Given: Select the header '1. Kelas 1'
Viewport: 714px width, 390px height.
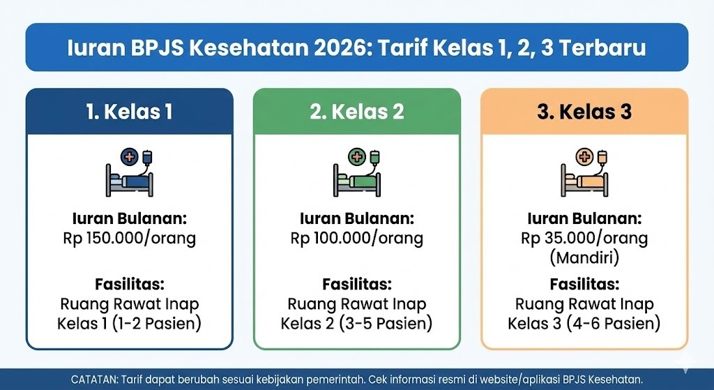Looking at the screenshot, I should click(x=130, y=112).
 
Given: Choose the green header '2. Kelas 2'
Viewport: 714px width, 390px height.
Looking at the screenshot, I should click(x=357, y=112).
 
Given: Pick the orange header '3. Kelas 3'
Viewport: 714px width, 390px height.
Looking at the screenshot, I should click(x=584, y=112).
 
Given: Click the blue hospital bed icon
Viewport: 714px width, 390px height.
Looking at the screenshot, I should click(x=130, y=172).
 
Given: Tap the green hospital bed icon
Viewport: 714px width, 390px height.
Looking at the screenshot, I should click(x=357, y=172).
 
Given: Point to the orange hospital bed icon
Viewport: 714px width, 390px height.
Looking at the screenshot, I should click(x=584, y=172).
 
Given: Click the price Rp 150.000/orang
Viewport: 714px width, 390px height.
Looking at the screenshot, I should click(x=130, y=238).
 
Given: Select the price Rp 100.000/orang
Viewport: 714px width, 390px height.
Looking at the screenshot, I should click(x=357, y=238).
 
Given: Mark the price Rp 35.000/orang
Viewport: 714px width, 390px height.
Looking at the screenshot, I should click(x=584, y=238).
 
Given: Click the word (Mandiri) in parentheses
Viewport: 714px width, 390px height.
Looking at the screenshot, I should click(x=584, y=257).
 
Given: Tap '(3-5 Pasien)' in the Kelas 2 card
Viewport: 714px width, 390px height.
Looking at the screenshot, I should click(x=389, y=324).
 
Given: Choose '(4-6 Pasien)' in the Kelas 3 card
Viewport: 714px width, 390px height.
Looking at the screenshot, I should click(x=616, y=324).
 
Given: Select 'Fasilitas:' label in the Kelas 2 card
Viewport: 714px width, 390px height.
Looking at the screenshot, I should click(x=357, y=285).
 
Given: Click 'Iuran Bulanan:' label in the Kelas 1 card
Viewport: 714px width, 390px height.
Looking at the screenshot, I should click(x=130, y=217).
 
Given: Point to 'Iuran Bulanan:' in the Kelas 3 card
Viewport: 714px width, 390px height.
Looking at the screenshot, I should click(x=584, y=217).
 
